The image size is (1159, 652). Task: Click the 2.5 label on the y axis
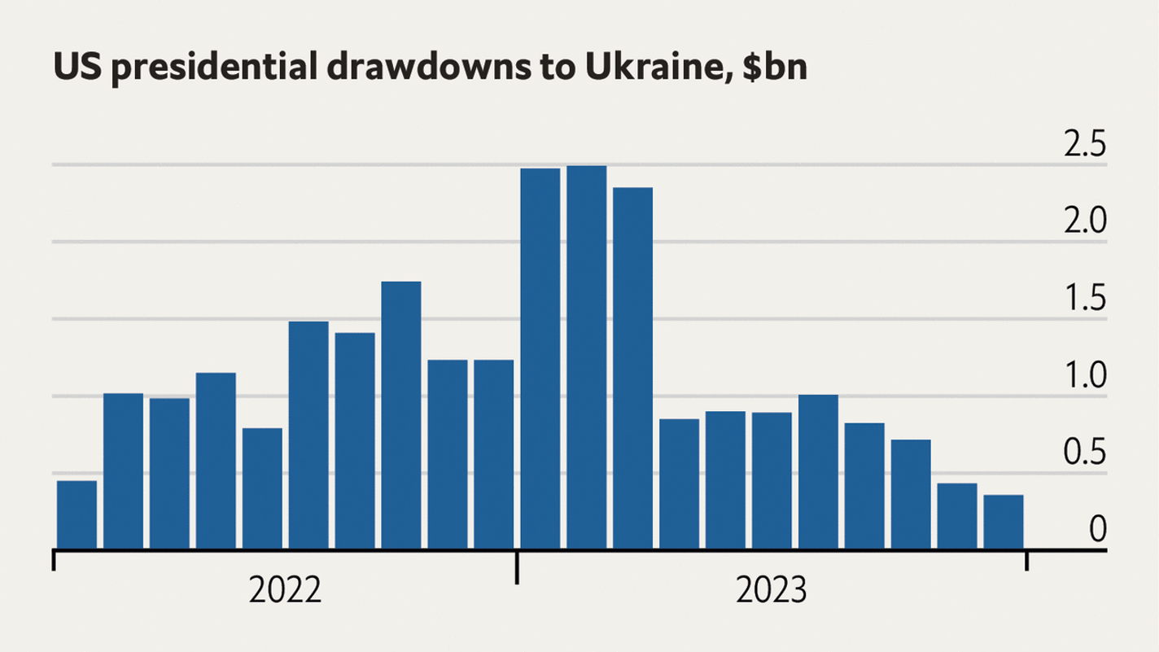click(1085, 146)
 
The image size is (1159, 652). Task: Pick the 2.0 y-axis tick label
click(1085, 222)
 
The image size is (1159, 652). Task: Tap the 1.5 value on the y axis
click(1085, 300)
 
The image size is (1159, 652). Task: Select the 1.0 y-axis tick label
click(1085, 377)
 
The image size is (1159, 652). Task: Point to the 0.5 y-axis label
click(1085, 453)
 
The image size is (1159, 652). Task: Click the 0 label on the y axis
click(1099, 530)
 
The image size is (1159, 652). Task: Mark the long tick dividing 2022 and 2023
click(517, 567)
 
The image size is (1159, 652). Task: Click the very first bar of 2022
click(77, 514)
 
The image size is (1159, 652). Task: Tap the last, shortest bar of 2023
click(1004, 521)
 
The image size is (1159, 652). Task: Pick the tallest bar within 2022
click(401, 414)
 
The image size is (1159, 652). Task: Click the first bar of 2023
click(540, 358)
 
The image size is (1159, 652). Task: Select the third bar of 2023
click(633, 368)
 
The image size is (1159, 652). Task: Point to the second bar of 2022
click(123, 470)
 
